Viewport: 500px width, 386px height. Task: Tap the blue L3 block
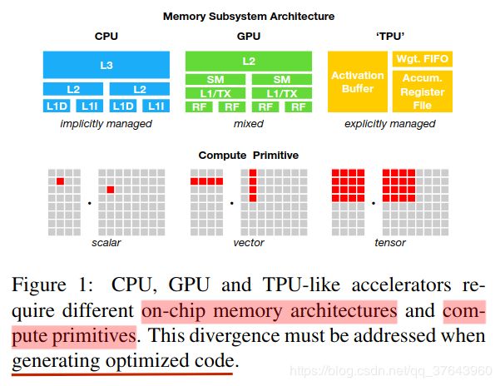point(106,63)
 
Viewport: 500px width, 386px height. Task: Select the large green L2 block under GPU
point(249,61)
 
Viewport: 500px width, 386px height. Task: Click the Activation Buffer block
point(358,82)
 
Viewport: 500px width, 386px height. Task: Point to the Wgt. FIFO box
point(422,59)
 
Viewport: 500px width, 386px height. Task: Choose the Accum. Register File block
point(422,93)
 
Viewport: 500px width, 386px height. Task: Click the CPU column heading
point(106,37)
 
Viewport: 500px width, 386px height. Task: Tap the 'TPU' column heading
point(390,37)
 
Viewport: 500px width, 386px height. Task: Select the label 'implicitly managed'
point(106,124)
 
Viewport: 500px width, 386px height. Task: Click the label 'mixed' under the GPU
point(249,124)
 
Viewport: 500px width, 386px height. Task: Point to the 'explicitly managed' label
point(390,124)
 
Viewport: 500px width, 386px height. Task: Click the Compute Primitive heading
point(248,156)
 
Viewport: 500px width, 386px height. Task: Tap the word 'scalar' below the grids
point(106,243)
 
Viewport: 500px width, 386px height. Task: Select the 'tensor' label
point(390,243)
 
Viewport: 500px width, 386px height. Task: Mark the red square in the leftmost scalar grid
point(60,181)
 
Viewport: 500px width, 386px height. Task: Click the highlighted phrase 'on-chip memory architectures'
point(270,312)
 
